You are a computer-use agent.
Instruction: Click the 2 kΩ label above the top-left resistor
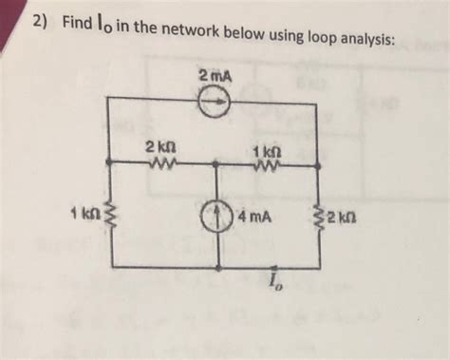[x=157, y=147]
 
